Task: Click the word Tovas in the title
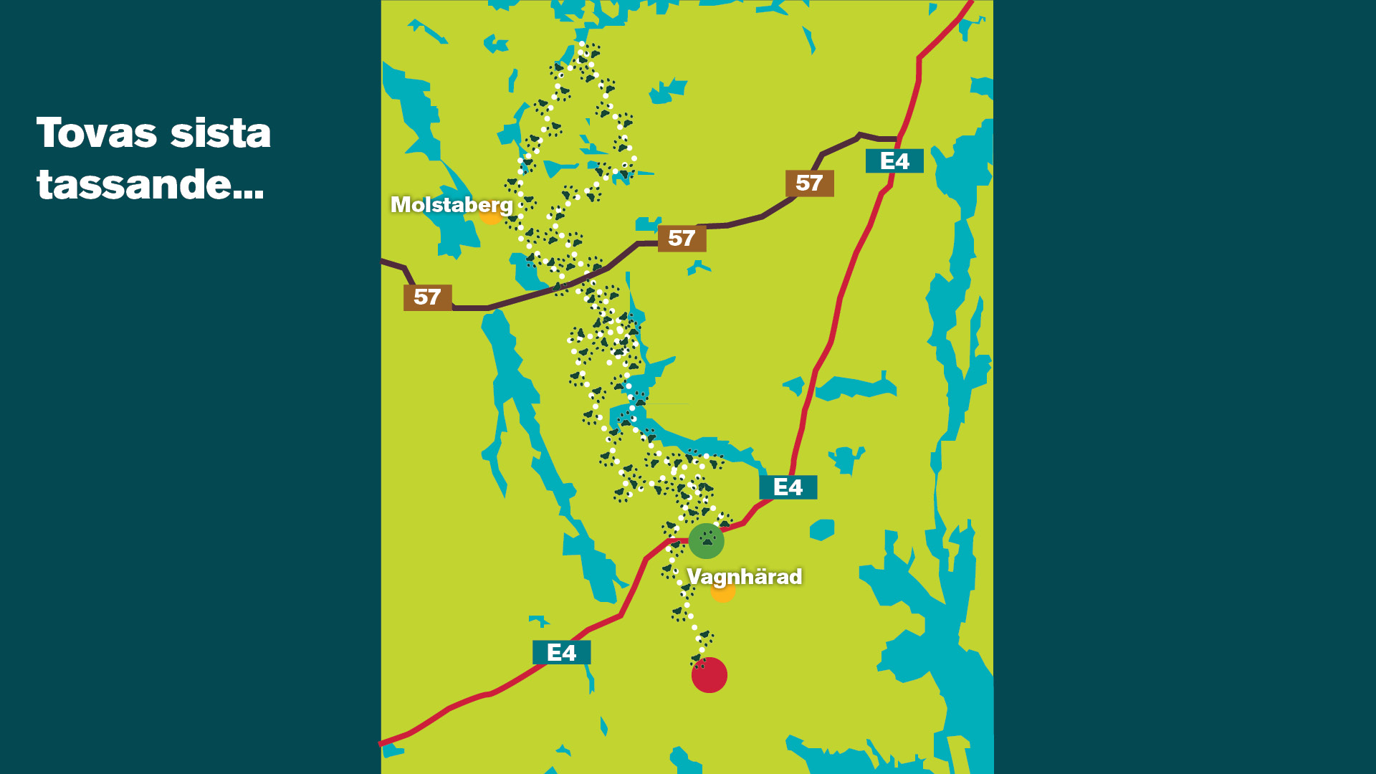point(97,133)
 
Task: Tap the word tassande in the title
point(133,185)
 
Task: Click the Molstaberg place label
point(451,205)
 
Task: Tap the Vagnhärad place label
point(744,577)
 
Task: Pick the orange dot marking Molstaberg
point(490,215)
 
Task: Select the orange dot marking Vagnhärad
point(723,592)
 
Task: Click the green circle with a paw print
point(707,541)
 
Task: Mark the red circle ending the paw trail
point(709,675)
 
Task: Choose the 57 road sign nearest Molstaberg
point(427,297)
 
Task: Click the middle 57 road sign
point(682,239)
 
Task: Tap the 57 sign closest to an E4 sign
point(809,183)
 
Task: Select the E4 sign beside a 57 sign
point(894,161)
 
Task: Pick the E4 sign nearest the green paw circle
point(788,487)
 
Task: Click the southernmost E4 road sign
point(561,653)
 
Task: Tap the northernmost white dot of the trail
point(582,44)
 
